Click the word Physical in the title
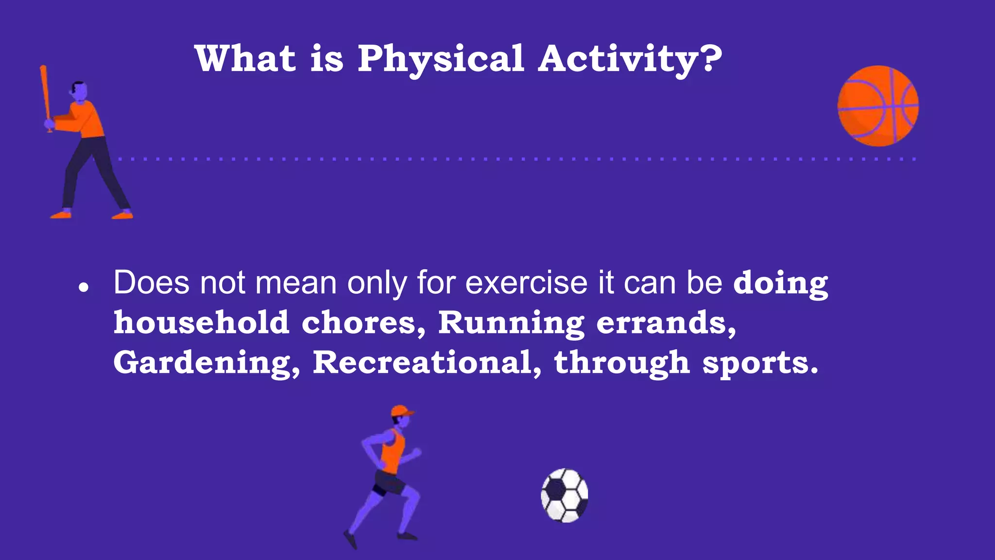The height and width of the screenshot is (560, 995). (x=440, y=59)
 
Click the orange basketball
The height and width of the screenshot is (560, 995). (x=878, y=106)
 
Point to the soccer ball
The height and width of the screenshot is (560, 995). (x=565, y=495)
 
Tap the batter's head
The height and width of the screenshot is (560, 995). (x=79, y=91)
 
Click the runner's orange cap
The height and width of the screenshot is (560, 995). (x=401, y=411)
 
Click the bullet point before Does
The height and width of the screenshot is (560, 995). (x=84, y=287)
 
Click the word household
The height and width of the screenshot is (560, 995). (x=201, y=323)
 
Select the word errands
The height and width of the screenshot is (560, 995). (x=666, y=323)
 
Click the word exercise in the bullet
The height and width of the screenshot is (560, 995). (x=526, y=282)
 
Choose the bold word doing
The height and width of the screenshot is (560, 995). (x=780, y=283)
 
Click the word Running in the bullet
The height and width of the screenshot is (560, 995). (x=511, y=323)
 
